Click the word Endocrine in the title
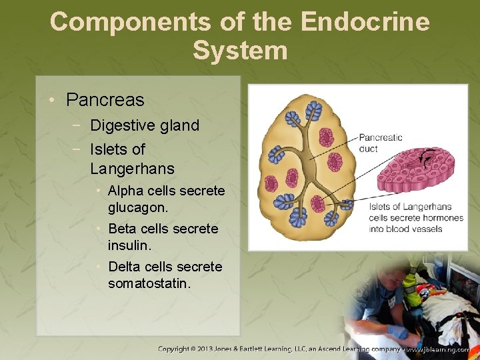(x=365, y=21)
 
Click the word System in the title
(x=240, y=50)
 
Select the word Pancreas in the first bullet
(x=105, y=100)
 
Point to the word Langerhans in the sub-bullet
(x=132, y=168)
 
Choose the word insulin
(x=129, y=245)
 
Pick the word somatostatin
(x=149, y=284)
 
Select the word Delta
(x=125, y=267)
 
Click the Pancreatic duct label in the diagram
(x=381, y=143)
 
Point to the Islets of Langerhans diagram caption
(x=415, y=217)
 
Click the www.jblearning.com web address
(x=439, y=349)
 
